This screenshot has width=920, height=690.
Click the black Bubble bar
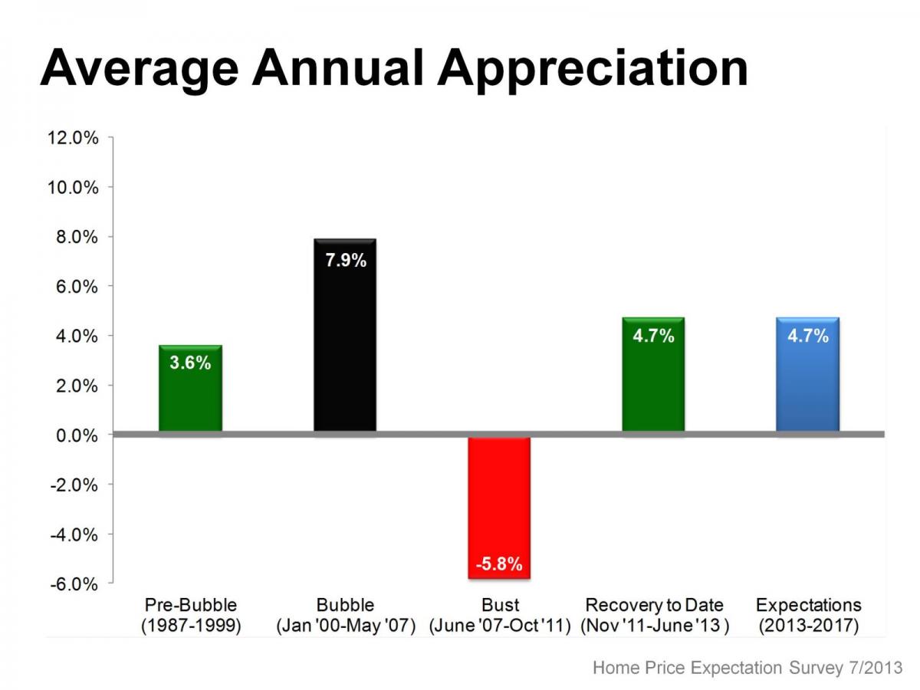345,345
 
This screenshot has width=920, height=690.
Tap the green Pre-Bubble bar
190,399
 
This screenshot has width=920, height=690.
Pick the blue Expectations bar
807,383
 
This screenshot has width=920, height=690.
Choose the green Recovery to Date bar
653,383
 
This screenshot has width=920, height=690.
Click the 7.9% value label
346,261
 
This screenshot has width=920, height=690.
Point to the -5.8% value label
499,565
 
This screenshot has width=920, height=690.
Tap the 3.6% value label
190,363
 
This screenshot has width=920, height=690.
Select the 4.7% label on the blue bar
808,335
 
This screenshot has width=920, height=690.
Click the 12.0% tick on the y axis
74,138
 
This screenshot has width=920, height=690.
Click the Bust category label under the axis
500,606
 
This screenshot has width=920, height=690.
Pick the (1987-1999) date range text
191,626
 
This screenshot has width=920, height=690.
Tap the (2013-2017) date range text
808,626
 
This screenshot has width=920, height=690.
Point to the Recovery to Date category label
654,606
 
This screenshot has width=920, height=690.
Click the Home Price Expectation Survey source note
747,668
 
